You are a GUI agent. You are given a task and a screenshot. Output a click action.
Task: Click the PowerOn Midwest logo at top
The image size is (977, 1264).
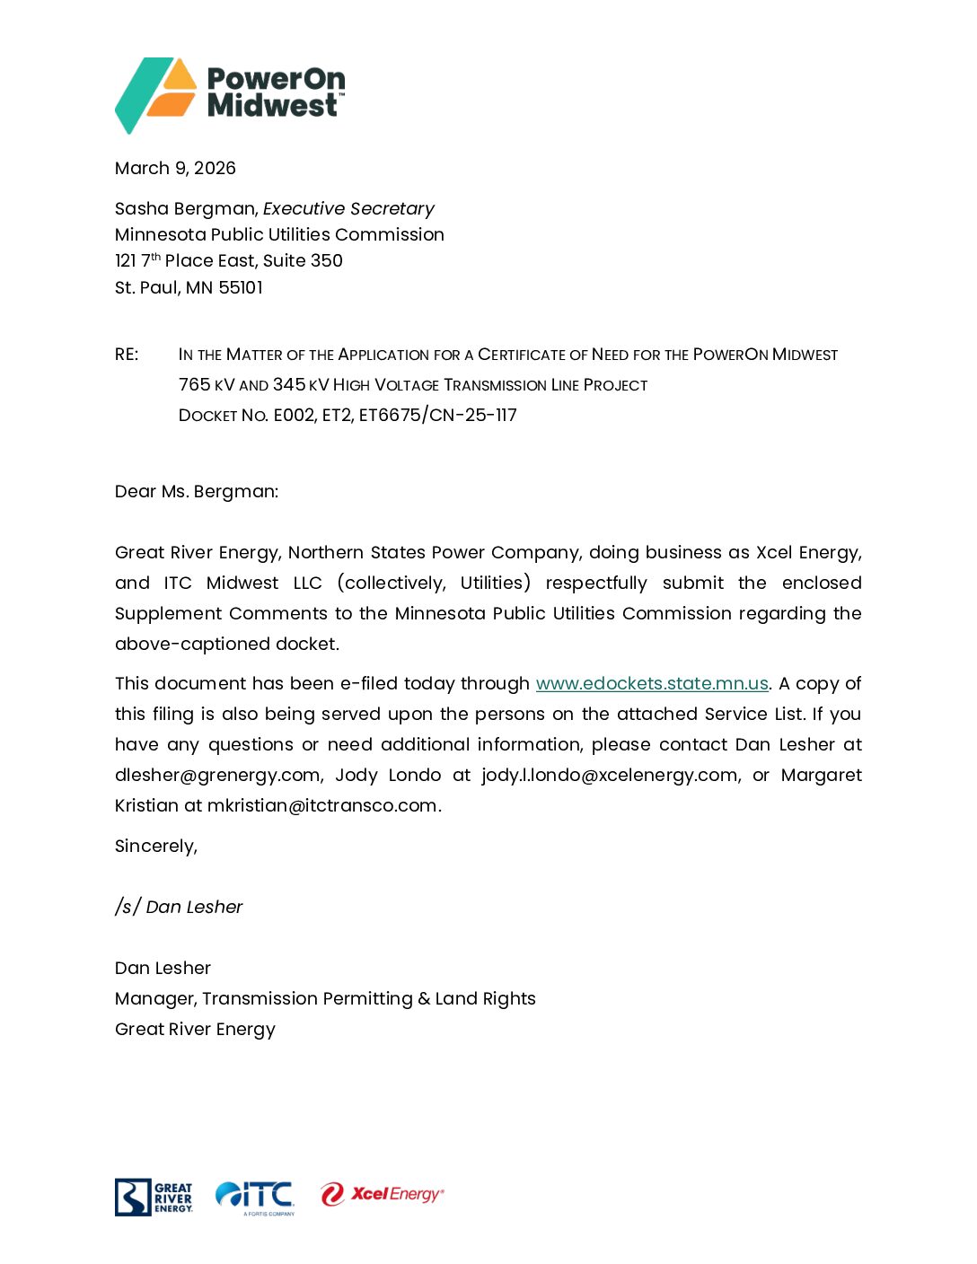(230, 93)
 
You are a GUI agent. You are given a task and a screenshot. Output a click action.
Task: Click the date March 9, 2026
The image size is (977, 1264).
(175, 169)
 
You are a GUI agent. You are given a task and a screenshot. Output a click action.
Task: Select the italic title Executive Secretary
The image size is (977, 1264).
(348, 209)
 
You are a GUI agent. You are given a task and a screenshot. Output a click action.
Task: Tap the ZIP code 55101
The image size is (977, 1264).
(241, 288)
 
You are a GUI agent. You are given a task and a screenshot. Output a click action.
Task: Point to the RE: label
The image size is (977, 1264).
(127, 355)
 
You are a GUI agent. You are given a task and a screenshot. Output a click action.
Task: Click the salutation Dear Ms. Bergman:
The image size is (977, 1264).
(197, 492)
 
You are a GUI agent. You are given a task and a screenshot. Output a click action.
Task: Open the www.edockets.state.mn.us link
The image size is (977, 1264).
(652, 684)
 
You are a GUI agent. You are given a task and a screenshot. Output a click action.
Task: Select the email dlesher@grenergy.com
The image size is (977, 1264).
(218, 776)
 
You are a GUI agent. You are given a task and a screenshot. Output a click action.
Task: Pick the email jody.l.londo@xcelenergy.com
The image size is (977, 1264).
(609, 776)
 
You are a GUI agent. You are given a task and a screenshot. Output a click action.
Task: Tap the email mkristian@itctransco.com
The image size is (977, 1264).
(321, 806)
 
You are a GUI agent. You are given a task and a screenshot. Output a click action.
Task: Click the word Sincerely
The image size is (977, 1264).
(154, 847)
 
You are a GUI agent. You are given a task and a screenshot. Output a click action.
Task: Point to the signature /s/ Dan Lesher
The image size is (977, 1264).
(179, 908)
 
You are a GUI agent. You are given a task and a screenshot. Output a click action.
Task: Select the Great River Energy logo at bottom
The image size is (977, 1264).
(154, 1198)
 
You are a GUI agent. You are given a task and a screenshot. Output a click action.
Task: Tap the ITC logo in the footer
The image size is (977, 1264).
(255, 1198)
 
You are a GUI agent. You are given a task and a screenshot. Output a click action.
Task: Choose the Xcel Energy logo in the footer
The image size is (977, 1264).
(382, 1195)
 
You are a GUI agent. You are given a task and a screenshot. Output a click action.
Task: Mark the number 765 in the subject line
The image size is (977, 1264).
(194, 385)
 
